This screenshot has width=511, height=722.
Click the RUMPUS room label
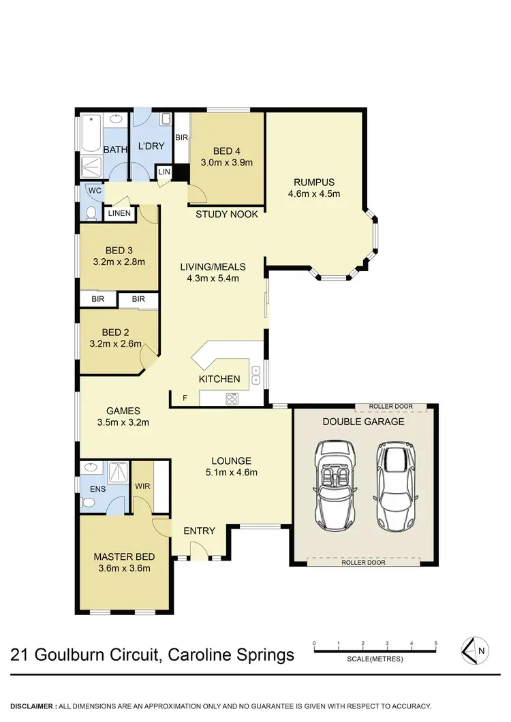314,182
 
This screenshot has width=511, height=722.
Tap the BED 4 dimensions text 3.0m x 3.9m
227,163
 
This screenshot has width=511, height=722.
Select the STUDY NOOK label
227,215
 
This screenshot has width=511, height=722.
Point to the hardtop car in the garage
392,485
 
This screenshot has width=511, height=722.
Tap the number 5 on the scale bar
435,643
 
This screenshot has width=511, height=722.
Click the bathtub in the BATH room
91,134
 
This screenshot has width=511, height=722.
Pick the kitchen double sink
256,374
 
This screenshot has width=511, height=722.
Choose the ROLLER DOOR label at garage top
390,407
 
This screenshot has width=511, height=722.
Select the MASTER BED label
121,556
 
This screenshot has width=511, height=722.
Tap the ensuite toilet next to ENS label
89,503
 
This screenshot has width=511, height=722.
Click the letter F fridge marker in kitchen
184,396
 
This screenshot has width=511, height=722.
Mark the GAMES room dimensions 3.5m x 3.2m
123,422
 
